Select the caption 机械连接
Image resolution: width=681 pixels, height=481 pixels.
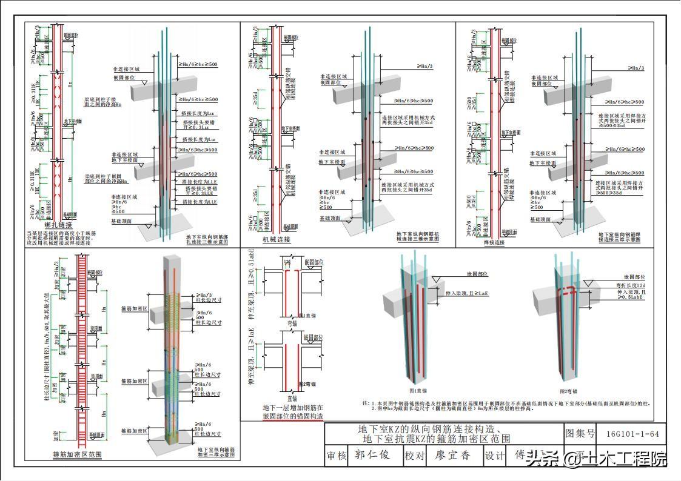point(276,239)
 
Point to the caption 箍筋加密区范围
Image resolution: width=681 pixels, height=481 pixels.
point(77,454)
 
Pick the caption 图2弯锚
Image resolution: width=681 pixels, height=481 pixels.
point(569,391)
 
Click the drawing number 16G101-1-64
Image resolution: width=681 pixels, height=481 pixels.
point(632,433)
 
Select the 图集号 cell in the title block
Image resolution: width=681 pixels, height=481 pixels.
point(580,433)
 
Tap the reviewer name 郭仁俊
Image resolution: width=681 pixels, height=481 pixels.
point(372,456)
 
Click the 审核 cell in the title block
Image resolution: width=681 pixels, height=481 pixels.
point(337,456)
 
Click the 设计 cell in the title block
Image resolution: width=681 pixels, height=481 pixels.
point(494,456)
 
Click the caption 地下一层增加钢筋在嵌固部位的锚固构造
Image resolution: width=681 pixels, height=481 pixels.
point(292,412)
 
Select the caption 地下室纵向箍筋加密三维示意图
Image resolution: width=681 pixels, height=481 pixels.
point(216,453)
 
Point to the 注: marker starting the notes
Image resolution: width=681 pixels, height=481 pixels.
point(366,403)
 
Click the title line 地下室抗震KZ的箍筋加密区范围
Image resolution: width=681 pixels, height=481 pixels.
point(435,439)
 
